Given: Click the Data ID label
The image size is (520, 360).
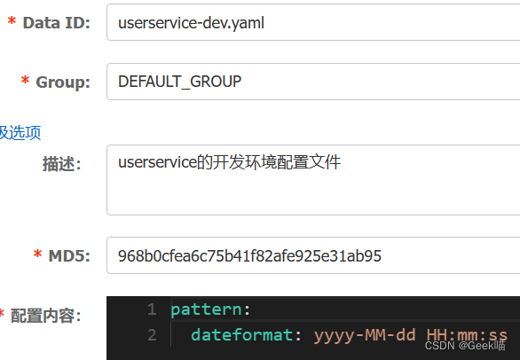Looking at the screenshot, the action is point(57,23).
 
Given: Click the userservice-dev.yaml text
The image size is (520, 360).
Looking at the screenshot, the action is point(191,23).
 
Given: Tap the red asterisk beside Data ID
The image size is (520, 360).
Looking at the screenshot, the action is point(12,20).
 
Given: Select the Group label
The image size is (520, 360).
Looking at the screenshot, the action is point(63,82).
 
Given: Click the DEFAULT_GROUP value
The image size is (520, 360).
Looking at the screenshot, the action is point(180,82).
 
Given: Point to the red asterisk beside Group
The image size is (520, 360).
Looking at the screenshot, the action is point(25,80).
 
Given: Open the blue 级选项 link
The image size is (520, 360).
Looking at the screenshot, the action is point(20,133).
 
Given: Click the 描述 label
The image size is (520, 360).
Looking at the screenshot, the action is point(62,164).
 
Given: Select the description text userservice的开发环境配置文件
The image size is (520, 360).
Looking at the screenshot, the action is point(230,162).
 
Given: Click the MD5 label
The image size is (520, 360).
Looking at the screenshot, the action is point(69,256).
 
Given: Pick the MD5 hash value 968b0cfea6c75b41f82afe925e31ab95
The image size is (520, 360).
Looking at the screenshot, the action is point(249,256).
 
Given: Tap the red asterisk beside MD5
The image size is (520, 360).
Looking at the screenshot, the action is point(37,254).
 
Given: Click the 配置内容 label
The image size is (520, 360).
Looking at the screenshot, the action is point(46,316).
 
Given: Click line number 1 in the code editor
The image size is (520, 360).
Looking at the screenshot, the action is point(152,309).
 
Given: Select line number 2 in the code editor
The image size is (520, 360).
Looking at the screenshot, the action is point(152,335).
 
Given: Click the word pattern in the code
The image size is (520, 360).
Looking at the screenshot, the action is point(206,310).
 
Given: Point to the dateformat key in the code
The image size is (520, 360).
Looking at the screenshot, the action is point(241,335).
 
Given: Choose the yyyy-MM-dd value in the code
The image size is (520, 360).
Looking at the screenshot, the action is point(365,335).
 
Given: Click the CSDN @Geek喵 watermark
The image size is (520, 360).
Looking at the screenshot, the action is point(465,346).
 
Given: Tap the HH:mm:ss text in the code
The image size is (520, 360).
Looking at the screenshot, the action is point(467,335).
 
